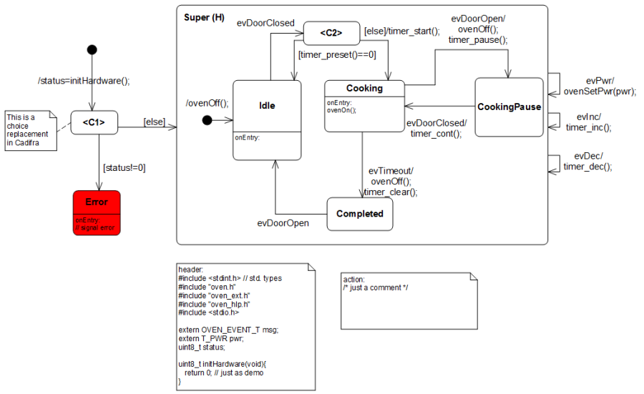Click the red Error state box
96,212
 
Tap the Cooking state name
364,89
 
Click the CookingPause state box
509,107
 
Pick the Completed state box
360,214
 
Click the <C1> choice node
94,123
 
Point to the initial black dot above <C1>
91,49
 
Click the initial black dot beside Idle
208,120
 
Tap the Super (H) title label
204,17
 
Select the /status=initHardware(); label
84,80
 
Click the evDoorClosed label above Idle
265,23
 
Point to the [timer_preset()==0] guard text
337,54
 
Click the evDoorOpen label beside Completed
283,223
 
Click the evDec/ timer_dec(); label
587,162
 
